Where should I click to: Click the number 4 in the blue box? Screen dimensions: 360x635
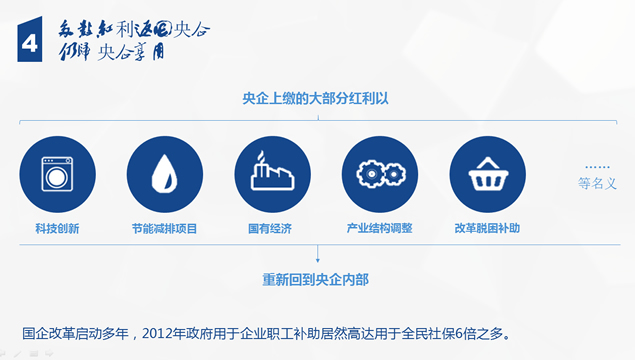click(x=30, y=41)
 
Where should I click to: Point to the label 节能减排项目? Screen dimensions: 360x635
click(x=164, y=228)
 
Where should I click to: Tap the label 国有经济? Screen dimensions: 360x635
click(x=270, y=228)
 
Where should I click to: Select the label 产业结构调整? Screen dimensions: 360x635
click(x=379, y=228)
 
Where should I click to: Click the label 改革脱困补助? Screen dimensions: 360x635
click(x=487, y=228)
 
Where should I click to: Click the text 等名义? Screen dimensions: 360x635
click(x=597, y=184)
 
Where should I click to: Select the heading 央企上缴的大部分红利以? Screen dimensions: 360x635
click(x=317, y=98)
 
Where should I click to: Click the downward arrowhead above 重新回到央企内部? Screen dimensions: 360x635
click(x=317, y=260)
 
